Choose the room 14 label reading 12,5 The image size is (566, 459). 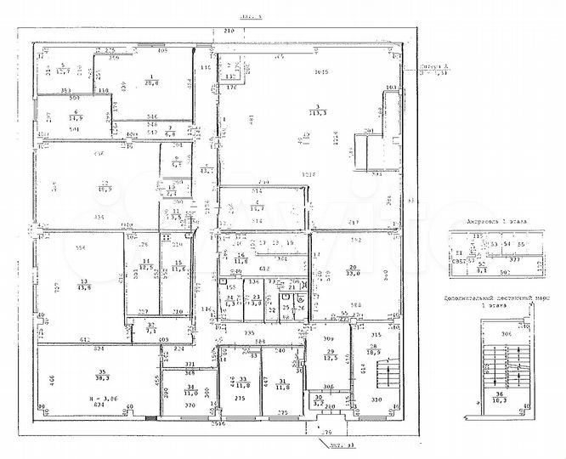pyautogui.click(x=146, y=265)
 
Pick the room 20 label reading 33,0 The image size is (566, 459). pyautogui.click(x=352, y=270)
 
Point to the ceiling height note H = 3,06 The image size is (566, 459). pyautogui.click(x=102, y=398)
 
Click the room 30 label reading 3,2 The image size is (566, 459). pyautogui.click(x=318, y=399)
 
